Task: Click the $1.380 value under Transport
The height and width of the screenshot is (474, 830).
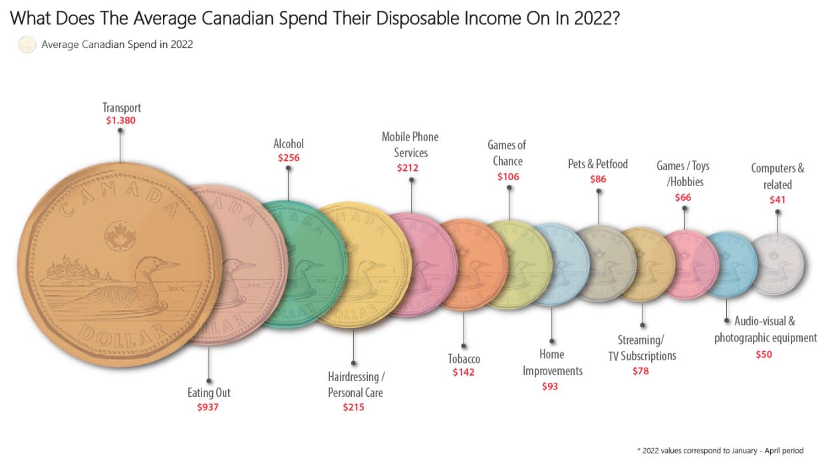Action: (x=121, y=121)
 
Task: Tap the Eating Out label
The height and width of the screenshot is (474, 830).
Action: (x=208, y=392)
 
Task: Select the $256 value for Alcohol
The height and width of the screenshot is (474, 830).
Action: (x=289, y=158)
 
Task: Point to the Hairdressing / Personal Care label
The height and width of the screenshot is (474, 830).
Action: (x=356, y=384)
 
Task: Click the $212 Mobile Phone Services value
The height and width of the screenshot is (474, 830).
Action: (x=407, y=168)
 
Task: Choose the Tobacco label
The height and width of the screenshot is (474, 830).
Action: (x=464, y=359)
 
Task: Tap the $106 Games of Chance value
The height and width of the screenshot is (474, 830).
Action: (x=508, y=177)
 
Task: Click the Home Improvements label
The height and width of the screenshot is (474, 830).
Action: (x=552, y=362)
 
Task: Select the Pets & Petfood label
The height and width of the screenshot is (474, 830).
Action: (x=597, y=164)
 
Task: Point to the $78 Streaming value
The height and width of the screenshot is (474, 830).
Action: (x=640, y=371)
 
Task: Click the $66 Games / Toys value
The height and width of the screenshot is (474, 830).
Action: (x=683, y=197)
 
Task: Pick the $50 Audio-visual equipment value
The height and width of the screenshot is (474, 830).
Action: (x=763, y=354)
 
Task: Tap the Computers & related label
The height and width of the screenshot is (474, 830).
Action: (x=777, y=176)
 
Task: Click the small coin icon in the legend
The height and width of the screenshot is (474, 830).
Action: (x=27, y=45)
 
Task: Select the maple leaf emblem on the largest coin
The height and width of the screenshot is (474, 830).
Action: (x=120, y=233)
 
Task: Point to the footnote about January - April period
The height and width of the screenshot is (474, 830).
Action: (x=720, y=451)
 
